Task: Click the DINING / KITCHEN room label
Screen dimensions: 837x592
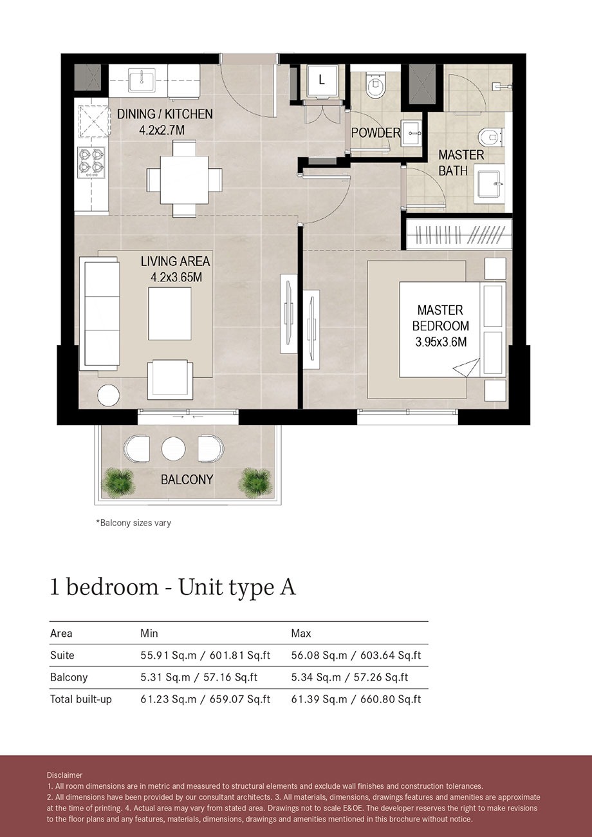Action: click(x=165, y=122)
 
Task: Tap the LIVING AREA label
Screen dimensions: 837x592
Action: click(x=175, y=269)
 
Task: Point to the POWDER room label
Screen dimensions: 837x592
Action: click(x=375, y=133)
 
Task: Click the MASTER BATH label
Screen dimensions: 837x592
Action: click(x=461, y=163)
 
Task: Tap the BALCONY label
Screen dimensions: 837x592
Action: click(x=187, y=480)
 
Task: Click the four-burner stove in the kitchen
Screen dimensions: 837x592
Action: click(x=91, y=162)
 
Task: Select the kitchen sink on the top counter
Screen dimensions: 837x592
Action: click(x=138, y=82)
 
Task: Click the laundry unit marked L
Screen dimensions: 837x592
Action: click(x=321, y=81)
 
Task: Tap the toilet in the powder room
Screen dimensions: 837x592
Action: click(x=374, y=83)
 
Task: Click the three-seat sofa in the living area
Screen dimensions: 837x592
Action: click(x=98, y=314)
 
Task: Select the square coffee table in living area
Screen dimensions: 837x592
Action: click(x=170, y=314)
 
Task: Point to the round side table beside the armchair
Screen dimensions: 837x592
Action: click(x=107, y=395)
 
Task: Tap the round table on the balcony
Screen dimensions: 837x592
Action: click(x=174, y=449)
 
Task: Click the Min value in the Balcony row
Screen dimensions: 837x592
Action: click(x=205, y=677)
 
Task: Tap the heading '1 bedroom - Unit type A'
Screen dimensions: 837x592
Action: click(x=172, y=587)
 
